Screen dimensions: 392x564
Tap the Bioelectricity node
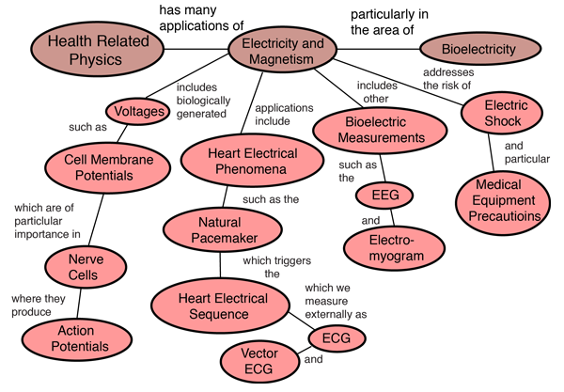coord(480,47)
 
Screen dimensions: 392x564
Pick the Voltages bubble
coord(138,112)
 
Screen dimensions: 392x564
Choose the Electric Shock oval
coord(506,114)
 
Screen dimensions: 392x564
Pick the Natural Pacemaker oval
coord(223,230)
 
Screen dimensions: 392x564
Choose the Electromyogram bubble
coord(390,247)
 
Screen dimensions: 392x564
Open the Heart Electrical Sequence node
coord(223,306)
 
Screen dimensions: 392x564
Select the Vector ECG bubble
coord(258,361)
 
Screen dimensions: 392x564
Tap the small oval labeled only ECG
coord(336,337)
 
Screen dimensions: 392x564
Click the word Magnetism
coord(282,60)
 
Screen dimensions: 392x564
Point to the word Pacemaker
coord(223,239)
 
